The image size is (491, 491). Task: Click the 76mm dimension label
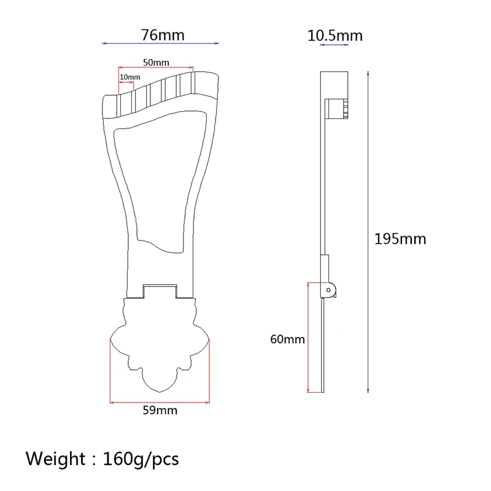[x=162, y=35]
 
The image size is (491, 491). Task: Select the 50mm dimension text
[x=156, y=63]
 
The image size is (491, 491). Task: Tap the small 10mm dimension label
[x=130, y=77]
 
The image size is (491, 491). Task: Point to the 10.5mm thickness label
[x=334, y=36]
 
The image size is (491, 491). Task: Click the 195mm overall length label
[x=400, y=239]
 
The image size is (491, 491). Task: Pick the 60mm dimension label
[x=287, y=339]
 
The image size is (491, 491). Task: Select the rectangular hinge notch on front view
[x=160, y=290]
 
